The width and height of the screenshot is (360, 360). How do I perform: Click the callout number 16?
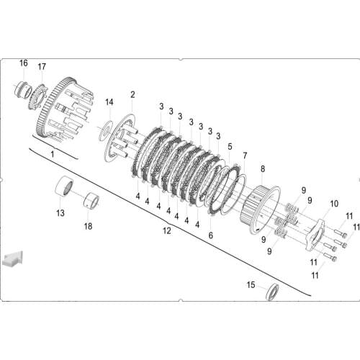tap(23, 63)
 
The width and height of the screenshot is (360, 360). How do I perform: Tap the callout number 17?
tap(42, 67)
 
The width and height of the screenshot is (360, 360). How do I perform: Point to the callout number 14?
tap(109, 102)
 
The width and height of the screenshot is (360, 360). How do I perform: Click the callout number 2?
tap(132, 94)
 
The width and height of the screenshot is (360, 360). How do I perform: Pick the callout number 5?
tap(230, 146)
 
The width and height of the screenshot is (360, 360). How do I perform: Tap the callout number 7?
tap(244, 156)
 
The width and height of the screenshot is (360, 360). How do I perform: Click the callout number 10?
tap(333, 204)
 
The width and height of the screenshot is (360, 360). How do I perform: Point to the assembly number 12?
tap(167, 231)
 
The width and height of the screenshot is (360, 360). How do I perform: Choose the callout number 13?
tap(60, 212)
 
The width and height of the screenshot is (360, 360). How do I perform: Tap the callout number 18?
tap(88, 225)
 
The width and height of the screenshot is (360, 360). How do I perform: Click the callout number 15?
tap(251, 285)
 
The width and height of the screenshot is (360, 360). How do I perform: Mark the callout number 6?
tap(211, 235)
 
